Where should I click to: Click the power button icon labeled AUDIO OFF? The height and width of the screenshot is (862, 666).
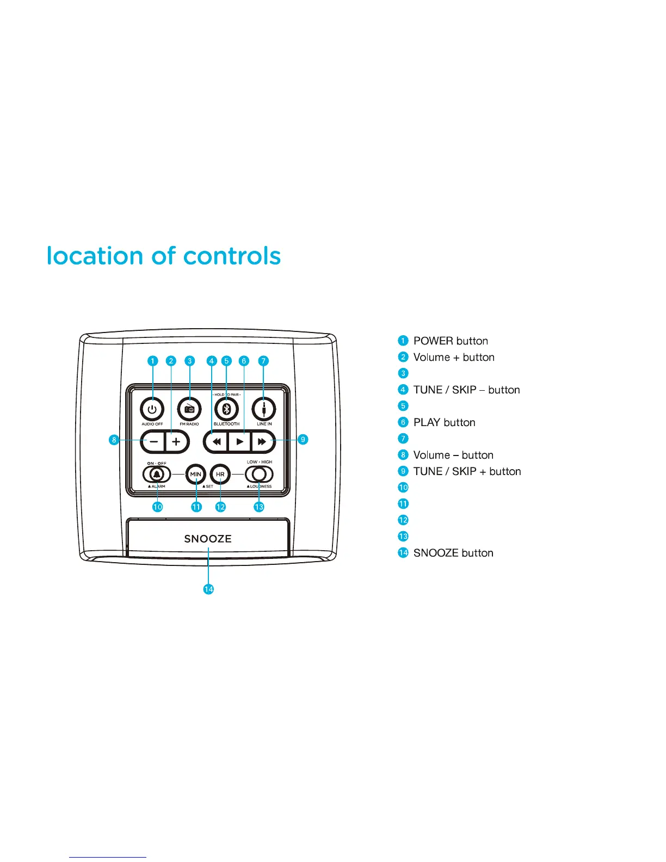[x=152, y=409]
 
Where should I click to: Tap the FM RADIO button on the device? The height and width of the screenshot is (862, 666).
[x=189, y=409]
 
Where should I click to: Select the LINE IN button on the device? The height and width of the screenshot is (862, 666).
[x=264, y=409]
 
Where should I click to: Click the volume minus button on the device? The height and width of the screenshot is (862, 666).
[x=153, y=441]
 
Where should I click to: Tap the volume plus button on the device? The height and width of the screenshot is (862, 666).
[x=176, y=441]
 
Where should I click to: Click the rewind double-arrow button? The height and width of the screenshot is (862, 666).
[x=217, y=441]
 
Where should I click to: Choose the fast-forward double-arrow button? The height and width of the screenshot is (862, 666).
[x=262, y=441]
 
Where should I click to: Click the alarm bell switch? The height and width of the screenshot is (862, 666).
[x=157, y=475]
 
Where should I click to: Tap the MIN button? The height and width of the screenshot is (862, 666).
[x=196, y=475]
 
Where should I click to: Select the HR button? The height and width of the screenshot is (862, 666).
[x=220, y=475]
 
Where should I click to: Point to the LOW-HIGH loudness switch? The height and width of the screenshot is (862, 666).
[x=259, y=475]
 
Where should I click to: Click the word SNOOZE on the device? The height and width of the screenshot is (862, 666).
[x=208, y=539]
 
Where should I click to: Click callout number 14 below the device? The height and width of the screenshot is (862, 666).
[x=208, y=589]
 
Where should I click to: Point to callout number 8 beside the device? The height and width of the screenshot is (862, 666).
[x=114, y=440]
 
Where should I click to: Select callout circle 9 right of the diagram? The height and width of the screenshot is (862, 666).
[x=303, y=440]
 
